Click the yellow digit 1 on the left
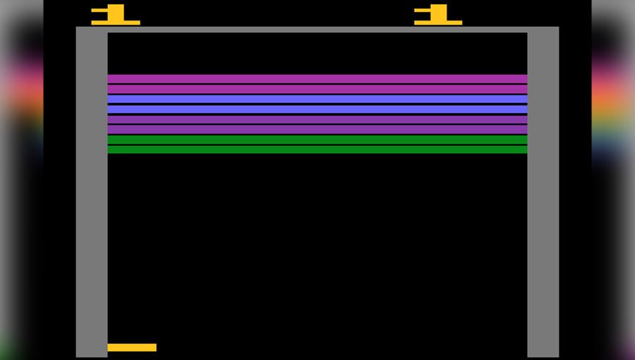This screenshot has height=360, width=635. [116, 13]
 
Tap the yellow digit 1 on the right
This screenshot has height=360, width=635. [439, 13]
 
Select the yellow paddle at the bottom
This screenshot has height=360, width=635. [132, 347]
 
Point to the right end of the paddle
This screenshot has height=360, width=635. [154, 347]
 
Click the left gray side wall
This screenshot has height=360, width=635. [92, 198]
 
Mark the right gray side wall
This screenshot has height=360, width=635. [543, 198]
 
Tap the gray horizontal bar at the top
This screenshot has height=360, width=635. [317, 30]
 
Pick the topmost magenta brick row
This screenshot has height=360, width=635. [317, 79]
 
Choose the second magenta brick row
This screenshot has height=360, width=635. [317, 90]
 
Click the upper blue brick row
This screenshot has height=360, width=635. [317, 100]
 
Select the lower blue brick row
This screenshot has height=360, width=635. [317, 109]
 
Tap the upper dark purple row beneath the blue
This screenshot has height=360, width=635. [317, 119]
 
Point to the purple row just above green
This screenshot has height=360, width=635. [317, 129]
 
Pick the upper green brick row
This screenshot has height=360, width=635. [317, 140]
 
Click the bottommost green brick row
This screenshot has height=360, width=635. [317, 150]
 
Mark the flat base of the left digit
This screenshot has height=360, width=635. [116, 23]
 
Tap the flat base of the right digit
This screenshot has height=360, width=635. [438, 23]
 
